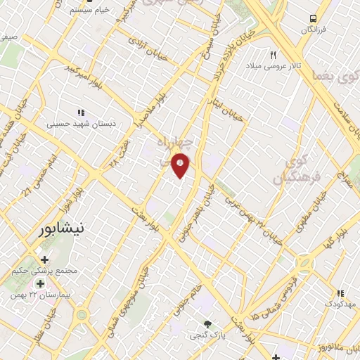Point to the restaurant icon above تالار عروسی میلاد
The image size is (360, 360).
[x=274, y=54]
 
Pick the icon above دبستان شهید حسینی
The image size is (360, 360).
[x=82, y=112]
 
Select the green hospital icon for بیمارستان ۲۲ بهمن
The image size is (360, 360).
[x=40, y=283]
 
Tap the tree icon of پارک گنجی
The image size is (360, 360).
[x=207, y=324]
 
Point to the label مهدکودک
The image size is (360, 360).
[x=340, y=304]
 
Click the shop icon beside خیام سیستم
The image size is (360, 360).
[x=60, y=11]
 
